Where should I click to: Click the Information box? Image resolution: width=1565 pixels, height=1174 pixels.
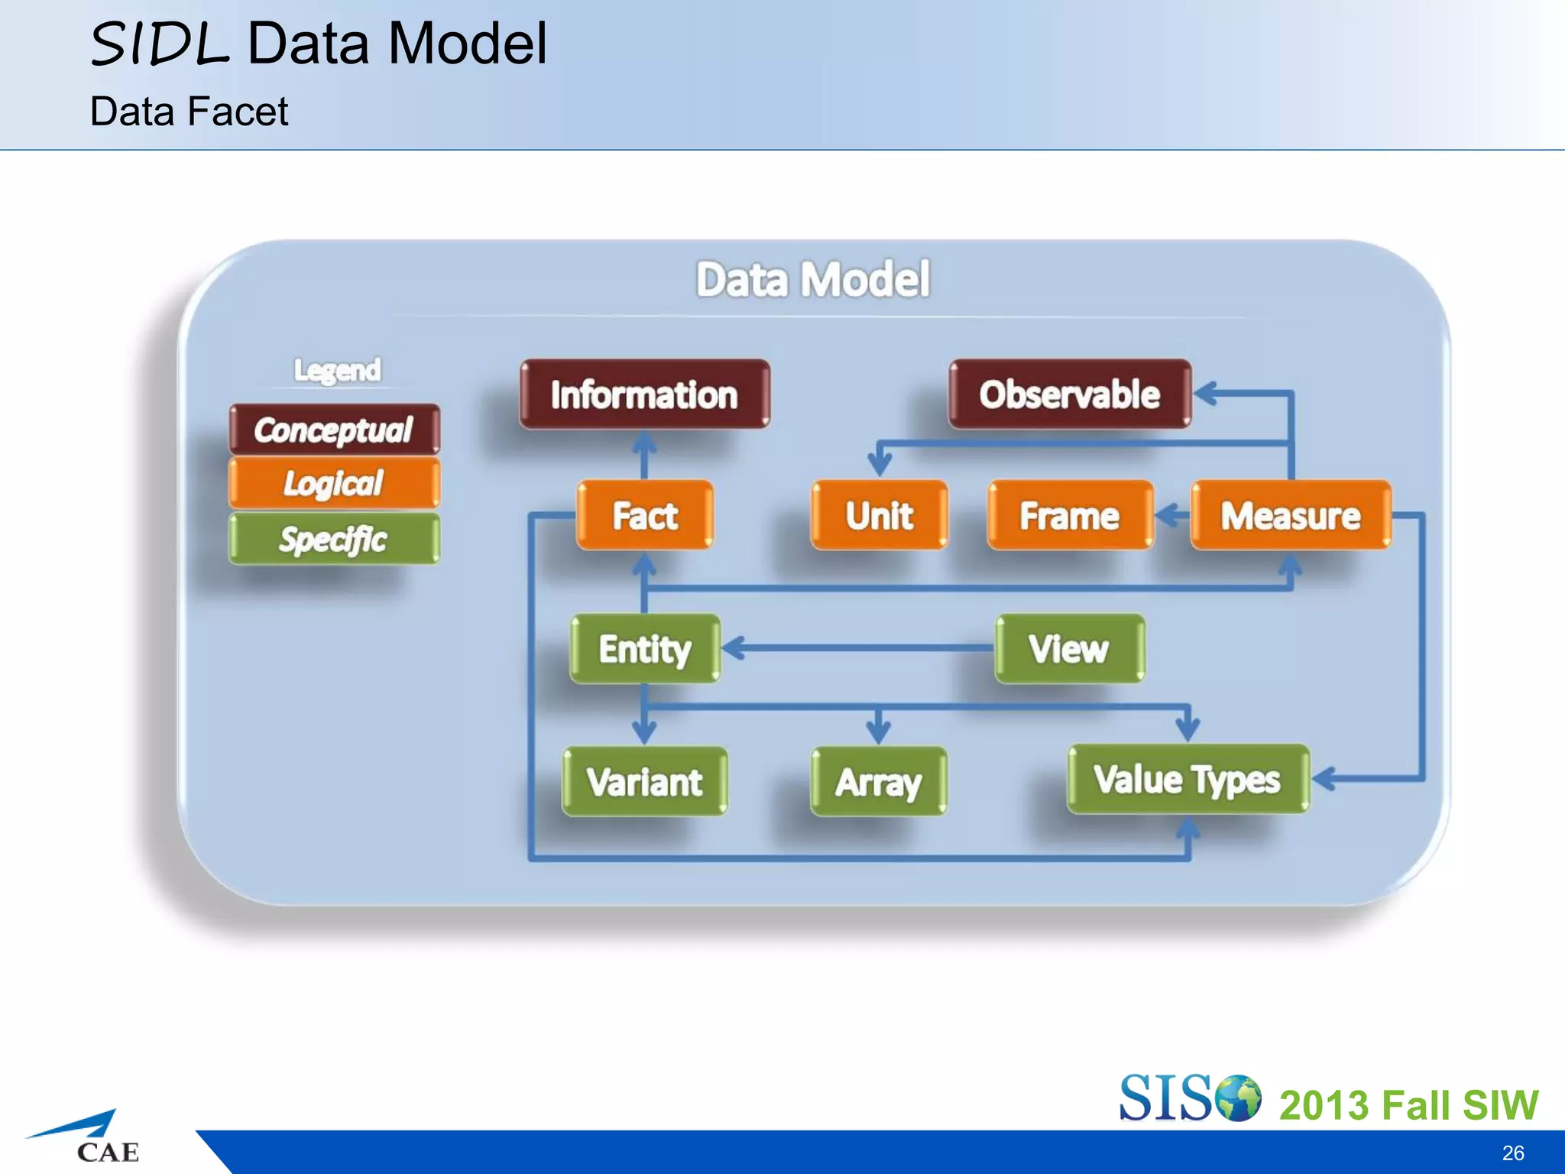(644, 394)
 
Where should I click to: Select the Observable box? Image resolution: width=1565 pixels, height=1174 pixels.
(1070, 394)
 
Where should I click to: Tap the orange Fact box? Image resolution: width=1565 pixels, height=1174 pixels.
(645, 515)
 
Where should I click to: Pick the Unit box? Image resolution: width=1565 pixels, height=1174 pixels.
(879, 515)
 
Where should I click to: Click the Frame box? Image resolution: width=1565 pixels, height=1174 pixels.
(1070, 515)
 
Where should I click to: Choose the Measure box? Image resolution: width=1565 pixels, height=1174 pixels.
(1291, 515)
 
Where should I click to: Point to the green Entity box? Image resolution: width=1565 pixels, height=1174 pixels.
(645, 649)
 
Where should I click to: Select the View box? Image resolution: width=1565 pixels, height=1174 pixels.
(1069, 649)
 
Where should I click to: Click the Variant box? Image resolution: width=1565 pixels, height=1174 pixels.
(645, 782)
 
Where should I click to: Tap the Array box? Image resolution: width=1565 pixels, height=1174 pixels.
(879, 782)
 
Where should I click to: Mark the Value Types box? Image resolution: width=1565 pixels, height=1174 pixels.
(1188, 780)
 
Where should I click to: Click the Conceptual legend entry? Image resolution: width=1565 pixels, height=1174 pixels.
(334, 430)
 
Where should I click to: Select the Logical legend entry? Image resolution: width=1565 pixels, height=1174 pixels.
(334, 483)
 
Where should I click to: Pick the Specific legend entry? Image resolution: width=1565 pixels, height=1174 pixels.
(334, 539)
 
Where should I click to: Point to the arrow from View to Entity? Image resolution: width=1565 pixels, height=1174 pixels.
(856, 649)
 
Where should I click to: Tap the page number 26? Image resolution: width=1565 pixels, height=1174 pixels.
(1513, 1153)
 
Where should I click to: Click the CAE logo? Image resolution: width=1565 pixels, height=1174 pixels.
(88, 1139)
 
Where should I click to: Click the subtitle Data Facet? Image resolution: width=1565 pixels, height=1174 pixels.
(189, 112)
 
